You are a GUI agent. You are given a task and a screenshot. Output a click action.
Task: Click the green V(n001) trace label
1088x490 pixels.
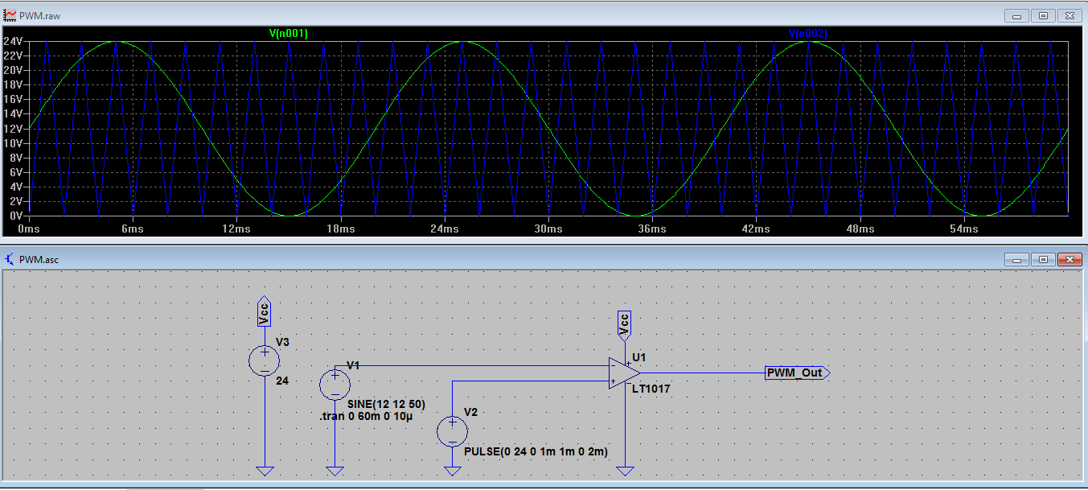coord(288,33)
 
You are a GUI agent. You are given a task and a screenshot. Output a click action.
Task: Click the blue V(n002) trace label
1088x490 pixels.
coord(807,33)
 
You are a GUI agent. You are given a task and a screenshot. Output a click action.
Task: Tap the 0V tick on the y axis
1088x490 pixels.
coord(14,216)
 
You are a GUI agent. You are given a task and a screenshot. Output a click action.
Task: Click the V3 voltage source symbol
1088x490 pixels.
coord(265,360)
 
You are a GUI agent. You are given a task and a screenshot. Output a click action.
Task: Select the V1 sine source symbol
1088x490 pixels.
coord(335,384)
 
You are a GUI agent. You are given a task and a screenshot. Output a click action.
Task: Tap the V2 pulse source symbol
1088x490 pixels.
coord(452,430)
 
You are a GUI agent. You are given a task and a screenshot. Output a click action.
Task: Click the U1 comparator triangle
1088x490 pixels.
coord(624,373)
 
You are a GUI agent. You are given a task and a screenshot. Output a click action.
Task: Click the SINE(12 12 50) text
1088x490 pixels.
coord(386,404)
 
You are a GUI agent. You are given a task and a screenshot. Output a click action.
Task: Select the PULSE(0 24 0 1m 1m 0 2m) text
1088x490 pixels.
coord(536,451)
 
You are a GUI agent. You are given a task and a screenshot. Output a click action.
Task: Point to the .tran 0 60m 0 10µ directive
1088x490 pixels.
coord(366,417)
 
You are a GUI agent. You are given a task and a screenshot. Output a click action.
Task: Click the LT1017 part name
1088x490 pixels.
coord(651,389)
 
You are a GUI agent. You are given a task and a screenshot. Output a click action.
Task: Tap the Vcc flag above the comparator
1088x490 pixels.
coord(624,323)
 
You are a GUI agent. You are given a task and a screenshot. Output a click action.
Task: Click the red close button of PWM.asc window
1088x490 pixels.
coord(1069,260)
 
